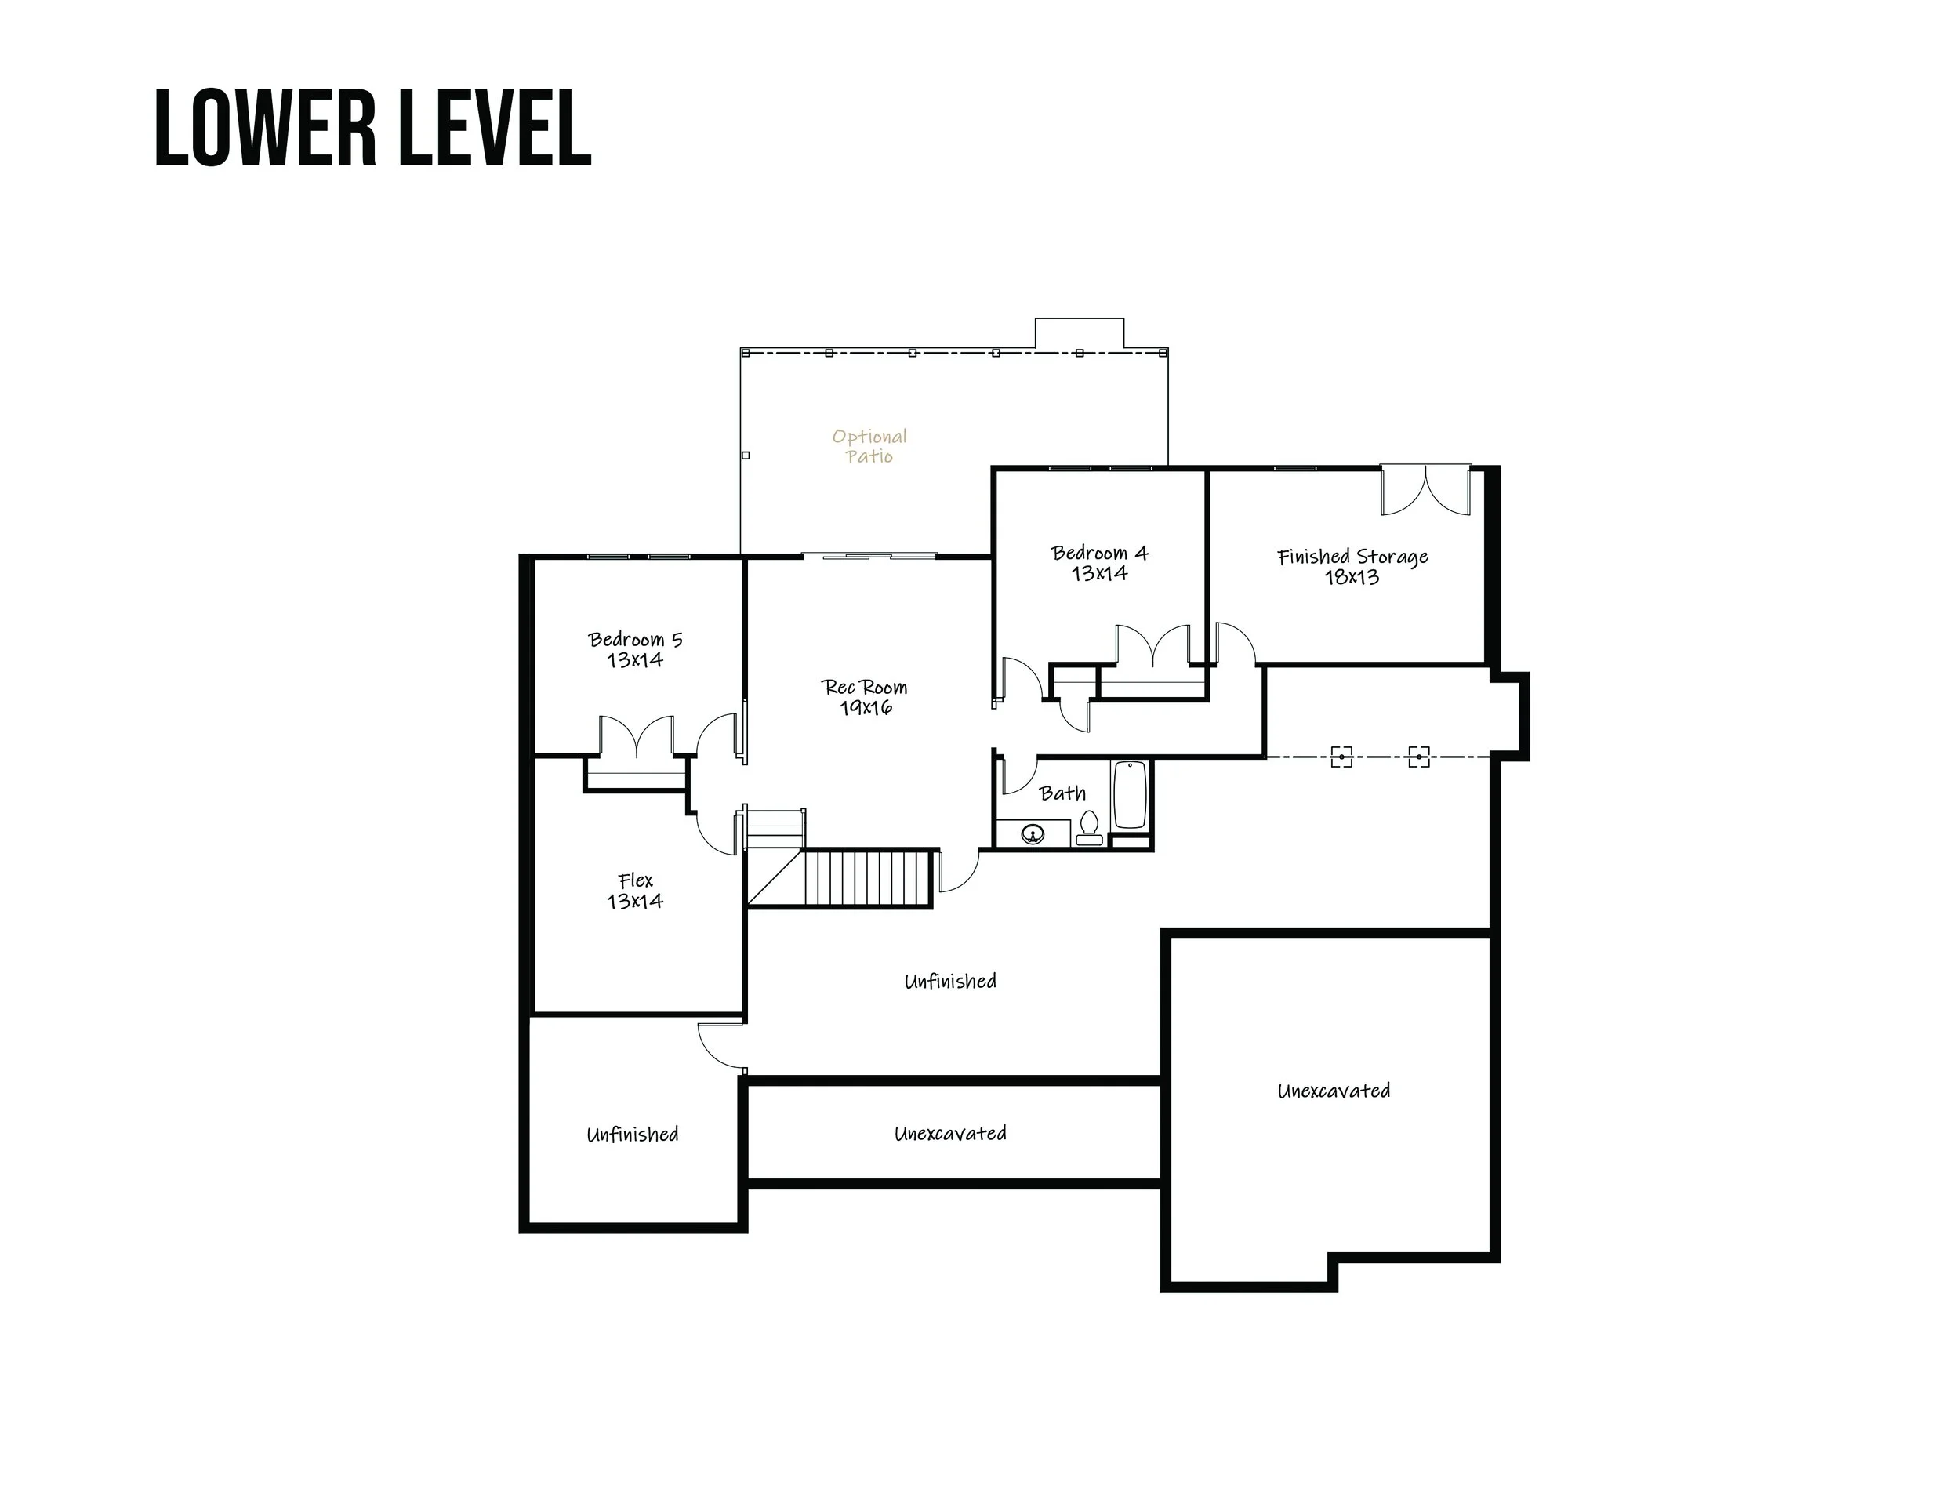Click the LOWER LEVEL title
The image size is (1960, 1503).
coord(373,128)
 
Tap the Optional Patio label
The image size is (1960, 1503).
coord(869,445)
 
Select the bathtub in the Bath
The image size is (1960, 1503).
coord(1131,795)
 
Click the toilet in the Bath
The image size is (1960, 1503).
coord(1089,826)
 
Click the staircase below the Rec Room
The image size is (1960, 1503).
coord(868,879)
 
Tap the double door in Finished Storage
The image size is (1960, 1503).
coord(1425,489)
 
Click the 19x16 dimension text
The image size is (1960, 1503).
coord(866,708)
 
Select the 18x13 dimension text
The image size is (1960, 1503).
coord(1352,577)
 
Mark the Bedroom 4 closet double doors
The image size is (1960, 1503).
coord(1153,646)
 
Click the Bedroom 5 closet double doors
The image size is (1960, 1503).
coord(636,736)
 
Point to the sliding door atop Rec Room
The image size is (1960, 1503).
coord(869,557)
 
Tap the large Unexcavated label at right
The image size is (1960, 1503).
coord(1333,1091)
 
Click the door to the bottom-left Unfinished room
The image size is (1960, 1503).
coord(721,1046)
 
